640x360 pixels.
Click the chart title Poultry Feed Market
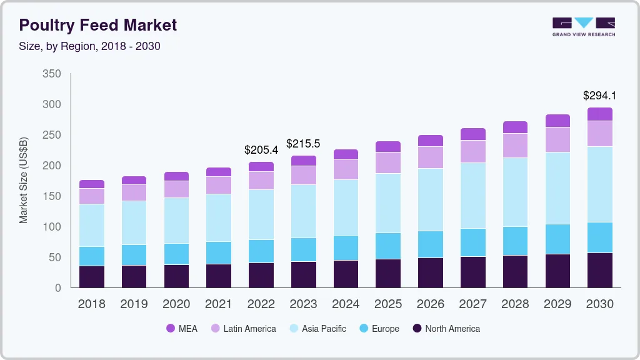click(98, 25)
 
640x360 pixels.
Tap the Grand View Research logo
click(583, 26)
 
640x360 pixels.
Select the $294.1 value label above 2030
click(599, 96)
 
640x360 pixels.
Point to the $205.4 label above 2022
click(261, 150)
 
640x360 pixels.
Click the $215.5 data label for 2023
click(303, 144)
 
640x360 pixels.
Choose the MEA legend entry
click(181, 328)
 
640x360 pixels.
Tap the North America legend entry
click(446, 328)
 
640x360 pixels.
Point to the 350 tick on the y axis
click(52, 74)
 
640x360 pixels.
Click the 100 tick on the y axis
click(52, 227)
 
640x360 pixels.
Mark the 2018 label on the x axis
click(91, 304)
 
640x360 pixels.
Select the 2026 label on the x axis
click(430, 304)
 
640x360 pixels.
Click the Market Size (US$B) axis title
click(24, 181)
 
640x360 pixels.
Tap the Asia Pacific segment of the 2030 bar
click(599, 184)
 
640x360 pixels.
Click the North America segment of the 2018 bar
click(92, 277)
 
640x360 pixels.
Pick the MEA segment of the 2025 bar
click(387, 147)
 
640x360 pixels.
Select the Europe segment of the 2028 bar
click(515, 241)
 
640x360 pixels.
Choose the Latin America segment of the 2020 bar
click(176, 189)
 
